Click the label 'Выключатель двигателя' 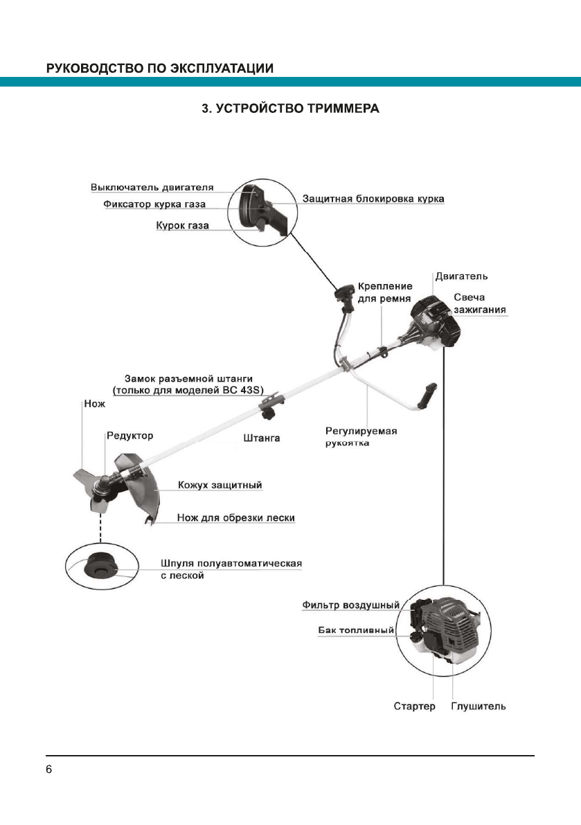[152, 187]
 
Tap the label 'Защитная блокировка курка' [373, 199]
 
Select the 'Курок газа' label [182, 226]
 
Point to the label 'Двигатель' [461, 276]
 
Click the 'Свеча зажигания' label [479, 303]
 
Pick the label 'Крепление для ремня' [385, 292]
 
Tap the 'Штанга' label [262, 438]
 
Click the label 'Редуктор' [129, 436]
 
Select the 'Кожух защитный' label [220, 485]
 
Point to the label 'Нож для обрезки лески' [236, 517]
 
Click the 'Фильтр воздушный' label [350, 605]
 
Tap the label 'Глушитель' [479, 707]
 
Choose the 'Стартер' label [414, 707]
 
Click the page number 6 [49, 770]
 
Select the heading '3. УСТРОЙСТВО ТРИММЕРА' [290, 109]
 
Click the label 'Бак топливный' [356, 631]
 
